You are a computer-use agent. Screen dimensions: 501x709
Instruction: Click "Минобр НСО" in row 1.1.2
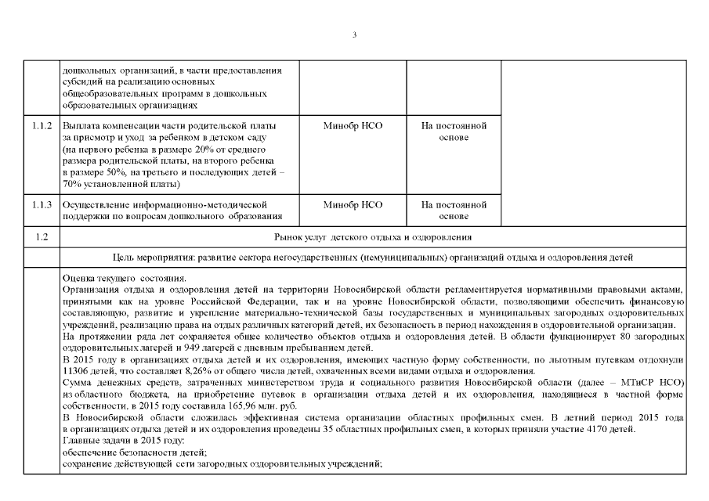click(x=353, y=125)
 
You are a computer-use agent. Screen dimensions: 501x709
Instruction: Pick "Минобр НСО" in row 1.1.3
click(x=353, y=205)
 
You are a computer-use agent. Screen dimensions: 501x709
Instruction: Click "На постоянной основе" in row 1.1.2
click(x=454, y=132)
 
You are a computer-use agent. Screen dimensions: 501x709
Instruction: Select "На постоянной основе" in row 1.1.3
click(x=454, y=211)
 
